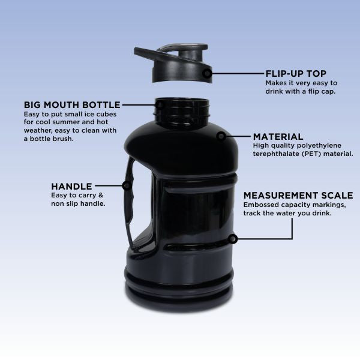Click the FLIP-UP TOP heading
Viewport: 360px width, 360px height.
click(296, 74)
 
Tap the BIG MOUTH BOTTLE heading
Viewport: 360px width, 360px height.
click(72, 105)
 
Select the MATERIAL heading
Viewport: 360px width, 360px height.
click(278, 137)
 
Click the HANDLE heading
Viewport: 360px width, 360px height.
click(71, 187)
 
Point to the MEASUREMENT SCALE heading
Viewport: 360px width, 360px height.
click(298, 196)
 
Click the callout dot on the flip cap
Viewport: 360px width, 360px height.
click(208, 73)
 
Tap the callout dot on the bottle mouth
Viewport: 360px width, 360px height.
click(160, 105)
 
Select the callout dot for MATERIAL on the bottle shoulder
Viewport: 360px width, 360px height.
click(221, 136)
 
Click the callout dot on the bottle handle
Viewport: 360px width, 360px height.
click(127, 185)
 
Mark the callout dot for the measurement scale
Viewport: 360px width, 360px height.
click(233, 239)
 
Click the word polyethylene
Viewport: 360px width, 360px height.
click(319, 146)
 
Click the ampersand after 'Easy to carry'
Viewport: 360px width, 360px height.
click(101, 196)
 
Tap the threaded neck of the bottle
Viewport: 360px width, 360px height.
click(182, 110)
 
